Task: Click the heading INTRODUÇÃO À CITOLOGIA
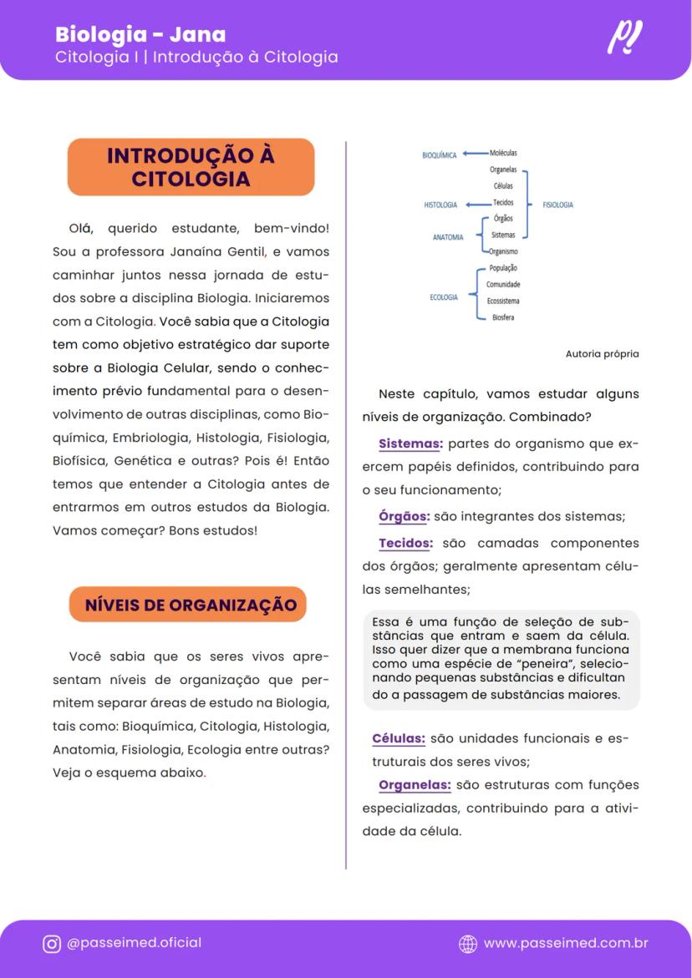191,167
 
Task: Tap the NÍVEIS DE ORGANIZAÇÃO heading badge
191,605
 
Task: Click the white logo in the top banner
625,38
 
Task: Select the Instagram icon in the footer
52,944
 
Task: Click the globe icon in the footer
468,944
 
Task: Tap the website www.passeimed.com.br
565,943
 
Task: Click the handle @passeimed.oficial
134,943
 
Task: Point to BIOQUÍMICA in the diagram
439,155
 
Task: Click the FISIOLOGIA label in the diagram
557,205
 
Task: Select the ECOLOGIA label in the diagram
443,297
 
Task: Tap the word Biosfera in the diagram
503,317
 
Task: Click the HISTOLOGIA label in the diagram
440,205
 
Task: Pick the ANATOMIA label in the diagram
448,237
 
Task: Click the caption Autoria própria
602,354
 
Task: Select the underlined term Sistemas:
410,443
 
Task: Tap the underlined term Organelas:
415,785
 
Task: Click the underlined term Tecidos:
405,543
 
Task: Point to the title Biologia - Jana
140,35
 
